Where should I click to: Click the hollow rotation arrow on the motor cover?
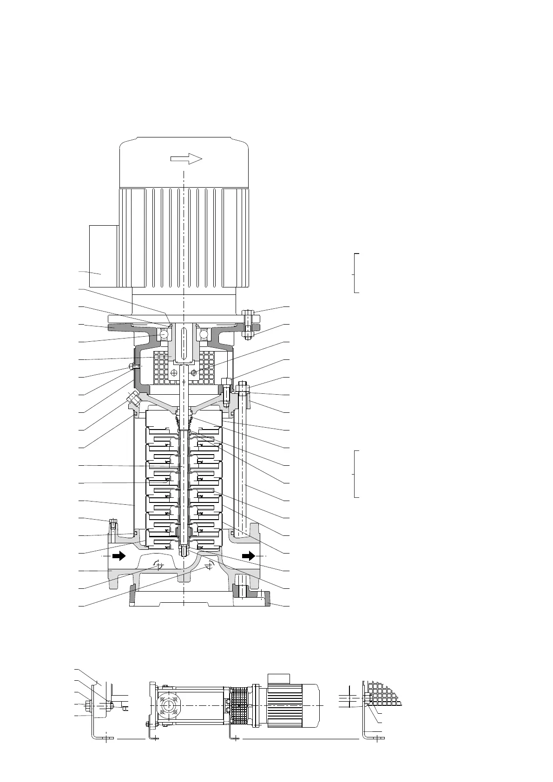coord(186,159)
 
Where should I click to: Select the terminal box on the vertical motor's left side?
coord(102,256)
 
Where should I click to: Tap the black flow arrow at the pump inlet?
coord(119,555)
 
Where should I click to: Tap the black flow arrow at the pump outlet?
coord(249,555)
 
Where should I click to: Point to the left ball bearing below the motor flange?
coord(165,334)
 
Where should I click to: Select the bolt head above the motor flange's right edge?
coord(247,312)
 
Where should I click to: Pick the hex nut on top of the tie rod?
coord(243,387)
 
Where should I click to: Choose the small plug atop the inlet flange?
coord(112,524)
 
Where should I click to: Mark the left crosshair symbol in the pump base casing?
coord(158,566)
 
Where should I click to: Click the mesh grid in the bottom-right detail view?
coord(383,693)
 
